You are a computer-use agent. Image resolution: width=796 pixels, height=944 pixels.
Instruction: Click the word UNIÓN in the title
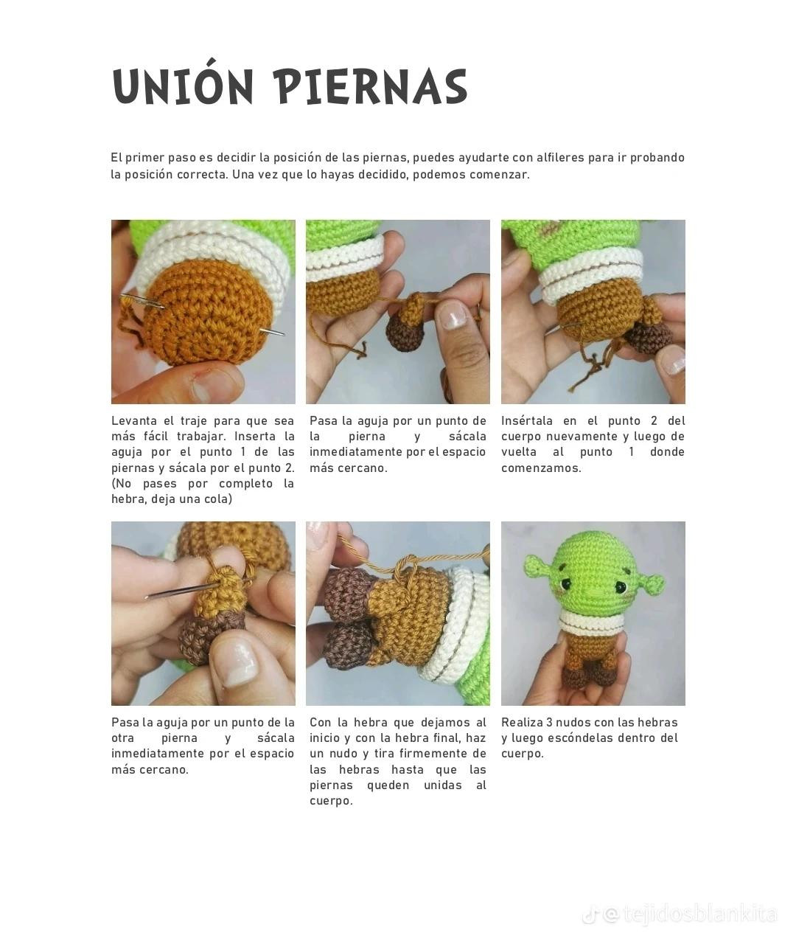[x=184, y=86]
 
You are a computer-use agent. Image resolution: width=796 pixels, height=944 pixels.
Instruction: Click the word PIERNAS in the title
[x=372, y=88]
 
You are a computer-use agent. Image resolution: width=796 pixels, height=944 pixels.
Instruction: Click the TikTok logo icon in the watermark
[x=590, y=915]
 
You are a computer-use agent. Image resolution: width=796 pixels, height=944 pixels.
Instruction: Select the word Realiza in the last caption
[x=521, y=723]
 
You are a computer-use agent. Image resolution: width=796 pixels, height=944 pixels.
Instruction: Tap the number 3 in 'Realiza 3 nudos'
[x=550, y=723]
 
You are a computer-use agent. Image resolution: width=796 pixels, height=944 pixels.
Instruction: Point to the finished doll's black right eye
[x=620, y=586]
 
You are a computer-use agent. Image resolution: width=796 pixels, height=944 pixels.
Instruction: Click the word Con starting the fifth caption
[x=320, y=723]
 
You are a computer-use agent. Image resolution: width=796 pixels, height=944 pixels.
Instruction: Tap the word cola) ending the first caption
[x=217, y=499]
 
